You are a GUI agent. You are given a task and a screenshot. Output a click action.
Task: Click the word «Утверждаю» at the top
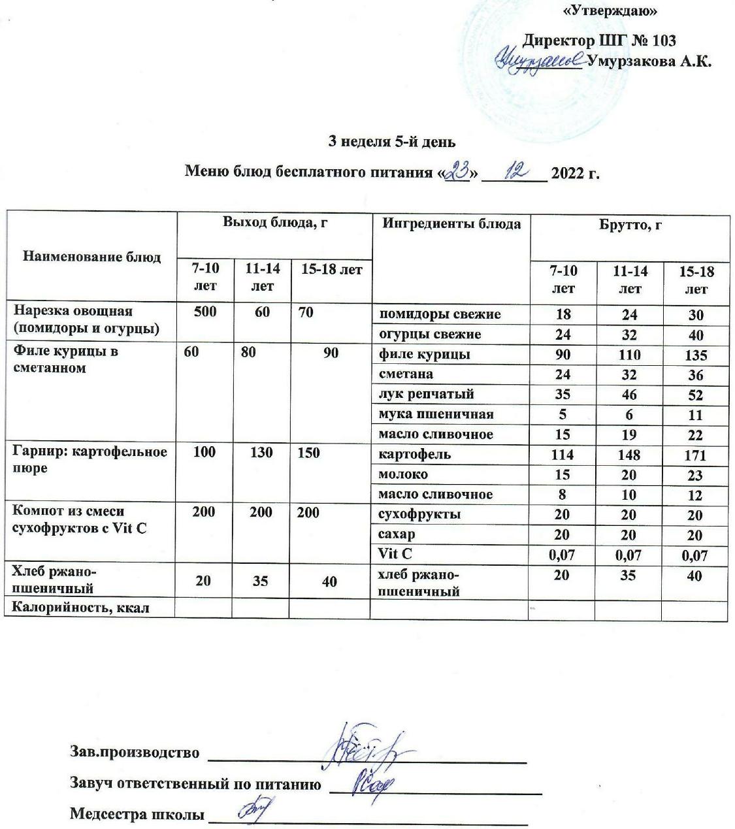tap(610, 10)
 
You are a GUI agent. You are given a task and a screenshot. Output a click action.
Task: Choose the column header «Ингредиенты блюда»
tap(451, 224)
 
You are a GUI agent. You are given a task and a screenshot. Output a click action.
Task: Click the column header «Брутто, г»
tap(630, 224)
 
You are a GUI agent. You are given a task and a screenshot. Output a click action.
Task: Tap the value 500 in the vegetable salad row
tap(204, 312)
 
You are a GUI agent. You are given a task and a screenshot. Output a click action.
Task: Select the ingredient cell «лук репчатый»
tap(427, 394)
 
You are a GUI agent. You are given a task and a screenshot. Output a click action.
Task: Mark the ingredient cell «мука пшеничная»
tap(436, 414)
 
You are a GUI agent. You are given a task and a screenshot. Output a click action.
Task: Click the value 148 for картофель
tap(629, 455)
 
